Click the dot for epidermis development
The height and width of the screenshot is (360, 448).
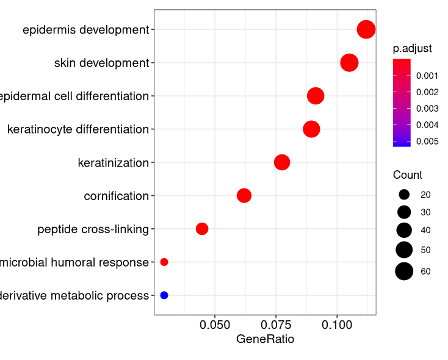(366, 29)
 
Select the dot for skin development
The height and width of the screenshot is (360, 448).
(349, 62)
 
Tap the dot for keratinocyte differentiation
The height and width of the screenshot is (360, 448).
(311, 129)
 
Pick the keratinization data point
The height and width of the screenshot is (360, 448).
(282, 162)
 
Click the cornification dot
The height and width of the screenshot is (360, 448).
(244, 195)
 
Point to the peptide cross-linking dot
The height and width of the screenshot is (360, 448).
(202, 229)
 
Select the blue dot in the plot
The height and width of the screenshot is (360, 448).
(164, 295)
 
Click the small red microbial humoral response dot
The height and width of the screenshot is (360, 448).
(164, 262)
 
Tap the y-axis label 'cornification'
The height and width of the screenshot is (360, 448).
(116, 196)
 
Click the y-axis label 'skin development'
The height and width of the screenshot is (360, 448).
(101, 63)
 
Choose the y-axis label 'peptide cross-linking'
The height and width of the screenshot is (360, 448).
(93, 229)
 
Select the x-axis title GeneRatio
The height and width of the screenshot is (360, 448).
(265, 339)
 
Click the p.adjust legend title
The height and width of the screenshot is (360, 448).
(412, 49)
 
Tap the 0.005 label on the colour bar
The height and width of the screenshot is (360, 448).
(427, 142)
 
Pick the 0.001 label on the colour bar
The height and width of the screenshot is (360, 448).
(427, 76)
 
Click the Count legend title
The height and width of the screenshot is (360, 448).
(407, 175)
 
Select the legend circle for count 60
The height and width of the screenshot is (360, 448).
(404, 272)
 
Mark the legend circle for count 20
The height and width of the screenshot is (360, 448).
(404, 195)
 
